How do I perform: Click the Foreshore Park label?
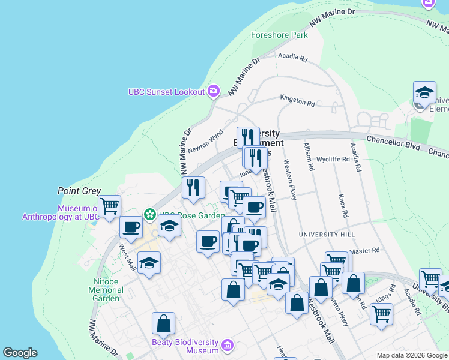tap(279, 35)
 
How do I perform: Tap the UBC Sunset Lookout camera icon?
tap(213, 91)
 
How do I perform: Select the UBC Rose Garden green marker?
tap(149, 214)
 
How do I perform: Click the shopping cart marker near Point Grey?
tap(109, 206)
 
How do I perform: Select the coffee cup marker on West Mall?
tap(131, 227)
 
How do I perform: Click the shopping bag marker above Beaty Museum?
tap(163, 324)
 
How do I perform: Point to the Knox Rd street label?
tap(343, 206)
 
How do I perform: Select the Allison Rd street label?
tap(309, 157)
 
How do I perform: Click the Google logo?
tap(20, 353)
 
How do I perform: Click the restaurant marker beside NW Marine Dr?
tap(193, 188)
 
